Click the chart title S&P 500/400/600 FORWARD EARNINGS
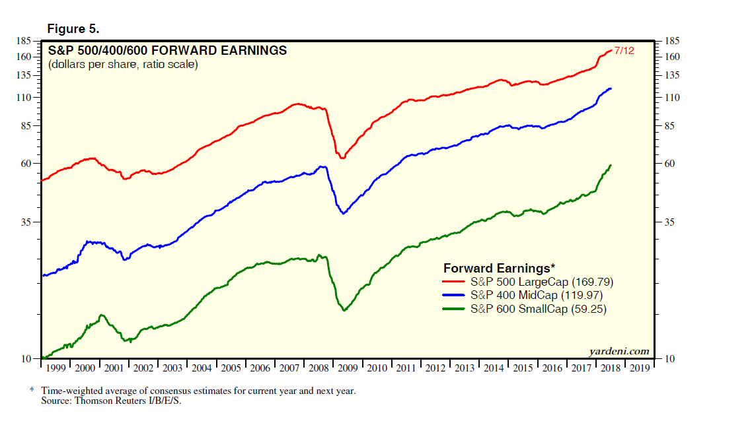(167, 50)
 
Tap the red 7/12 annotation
(624, 51)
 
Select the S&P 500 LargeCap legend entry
(541, 282)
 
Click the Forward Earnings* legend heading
(499, 269)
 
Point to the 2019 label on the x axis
(640, 368)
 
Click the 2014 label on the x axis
(494, 368)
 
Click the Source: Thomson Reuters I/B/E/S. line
(110, 401)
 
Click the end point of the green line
(611, 165)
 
